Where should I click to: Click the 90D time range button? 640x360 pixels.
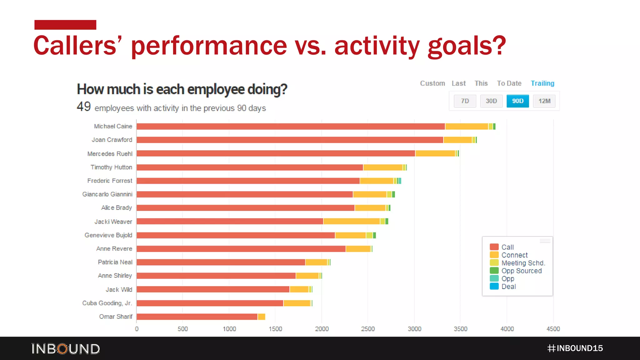[517, 101]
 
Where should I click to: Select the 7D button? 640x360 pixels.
[465, 101]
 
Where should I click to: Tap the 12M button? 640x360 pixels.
[544, 101]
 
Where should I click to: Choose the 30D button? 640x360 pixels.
[491, 101]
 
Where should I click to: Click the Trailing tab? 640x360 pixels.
[542, 83]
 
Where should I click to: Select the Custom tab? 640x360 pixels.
[432, 83]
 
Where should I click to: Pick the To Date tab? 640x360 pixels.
[509, 83]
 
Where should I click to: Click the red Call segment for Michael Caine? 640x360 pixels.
[291, 126]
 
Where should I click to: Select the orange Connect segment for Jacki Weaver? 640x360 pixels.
[352, 221]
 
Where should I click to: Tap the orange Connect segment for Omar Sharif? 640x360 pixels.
[262, 317]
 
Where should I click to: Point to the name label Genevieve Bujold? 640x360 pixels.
[108, 235]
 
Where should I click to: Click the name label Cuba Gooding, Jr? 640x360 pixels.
[107, 303]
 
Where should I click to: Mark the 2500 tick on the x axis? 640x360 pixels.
[368, 329]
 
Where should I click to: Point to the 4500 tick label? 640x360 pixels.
[553, 329]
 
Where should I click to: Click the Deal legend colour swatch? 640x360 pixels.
[494, 286]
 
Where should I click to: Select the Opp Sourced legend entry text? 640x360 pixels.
[522, 271]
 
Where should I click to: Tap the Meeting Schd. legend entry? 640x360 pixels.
[523, 263]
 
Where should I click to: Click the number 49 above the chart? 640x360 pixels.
[84, 107]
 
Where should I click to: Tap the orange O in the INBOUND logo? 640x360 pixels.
[63, 349]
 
